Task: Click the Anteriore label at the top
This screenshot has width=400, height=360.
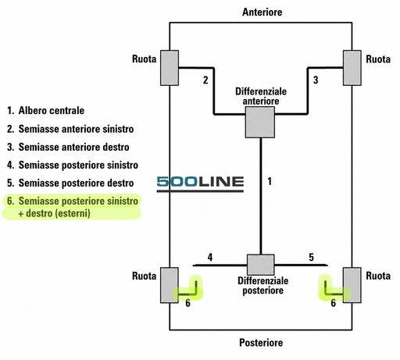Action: click(x=262, y=12)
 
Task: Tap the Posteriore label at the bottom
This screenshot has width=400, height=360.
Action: click(x=261, y=343)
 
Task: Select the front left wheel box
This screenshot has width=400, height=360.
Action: click(x=170, y=68)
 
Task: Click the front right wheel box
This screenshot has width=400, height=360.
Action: click(x=352, y=68)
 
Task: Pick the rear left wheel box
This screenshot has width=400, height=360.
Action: click(x=170, y=285)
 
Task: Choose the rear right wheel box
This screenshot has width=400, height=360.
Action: click(x=352, y=285)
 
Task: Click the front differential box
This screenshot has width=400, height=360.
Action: click(x=260, y=122)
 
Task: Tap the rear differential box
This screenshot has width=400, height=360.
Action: click(x=261, y=265)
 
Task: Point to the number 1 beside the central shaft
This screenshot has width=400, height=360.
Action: click(x=270, y=181)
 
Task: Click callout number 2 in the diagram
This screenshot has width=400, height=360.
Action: click(x=205, y=80)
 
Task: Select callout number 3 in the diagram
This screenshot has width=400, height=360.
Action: click(x=316, y=80)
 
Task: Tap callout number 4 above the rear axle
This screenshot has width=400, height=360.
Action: click(x=210, y=257)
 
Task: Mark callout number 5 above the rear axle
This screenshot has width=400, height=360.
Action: click(x=312, y=257)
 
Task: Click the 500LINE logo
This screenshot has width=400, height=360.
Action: click(x=200, y=184)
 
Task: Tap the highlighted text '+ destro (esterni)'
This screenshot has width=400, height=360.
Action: click(x=54, y=213)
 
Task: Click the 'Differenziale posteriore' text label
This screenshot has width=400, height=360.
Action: click(x=263, y=286)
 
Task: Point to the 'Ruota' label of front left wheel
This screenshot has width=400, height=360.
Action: click(x=144, y=59)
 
